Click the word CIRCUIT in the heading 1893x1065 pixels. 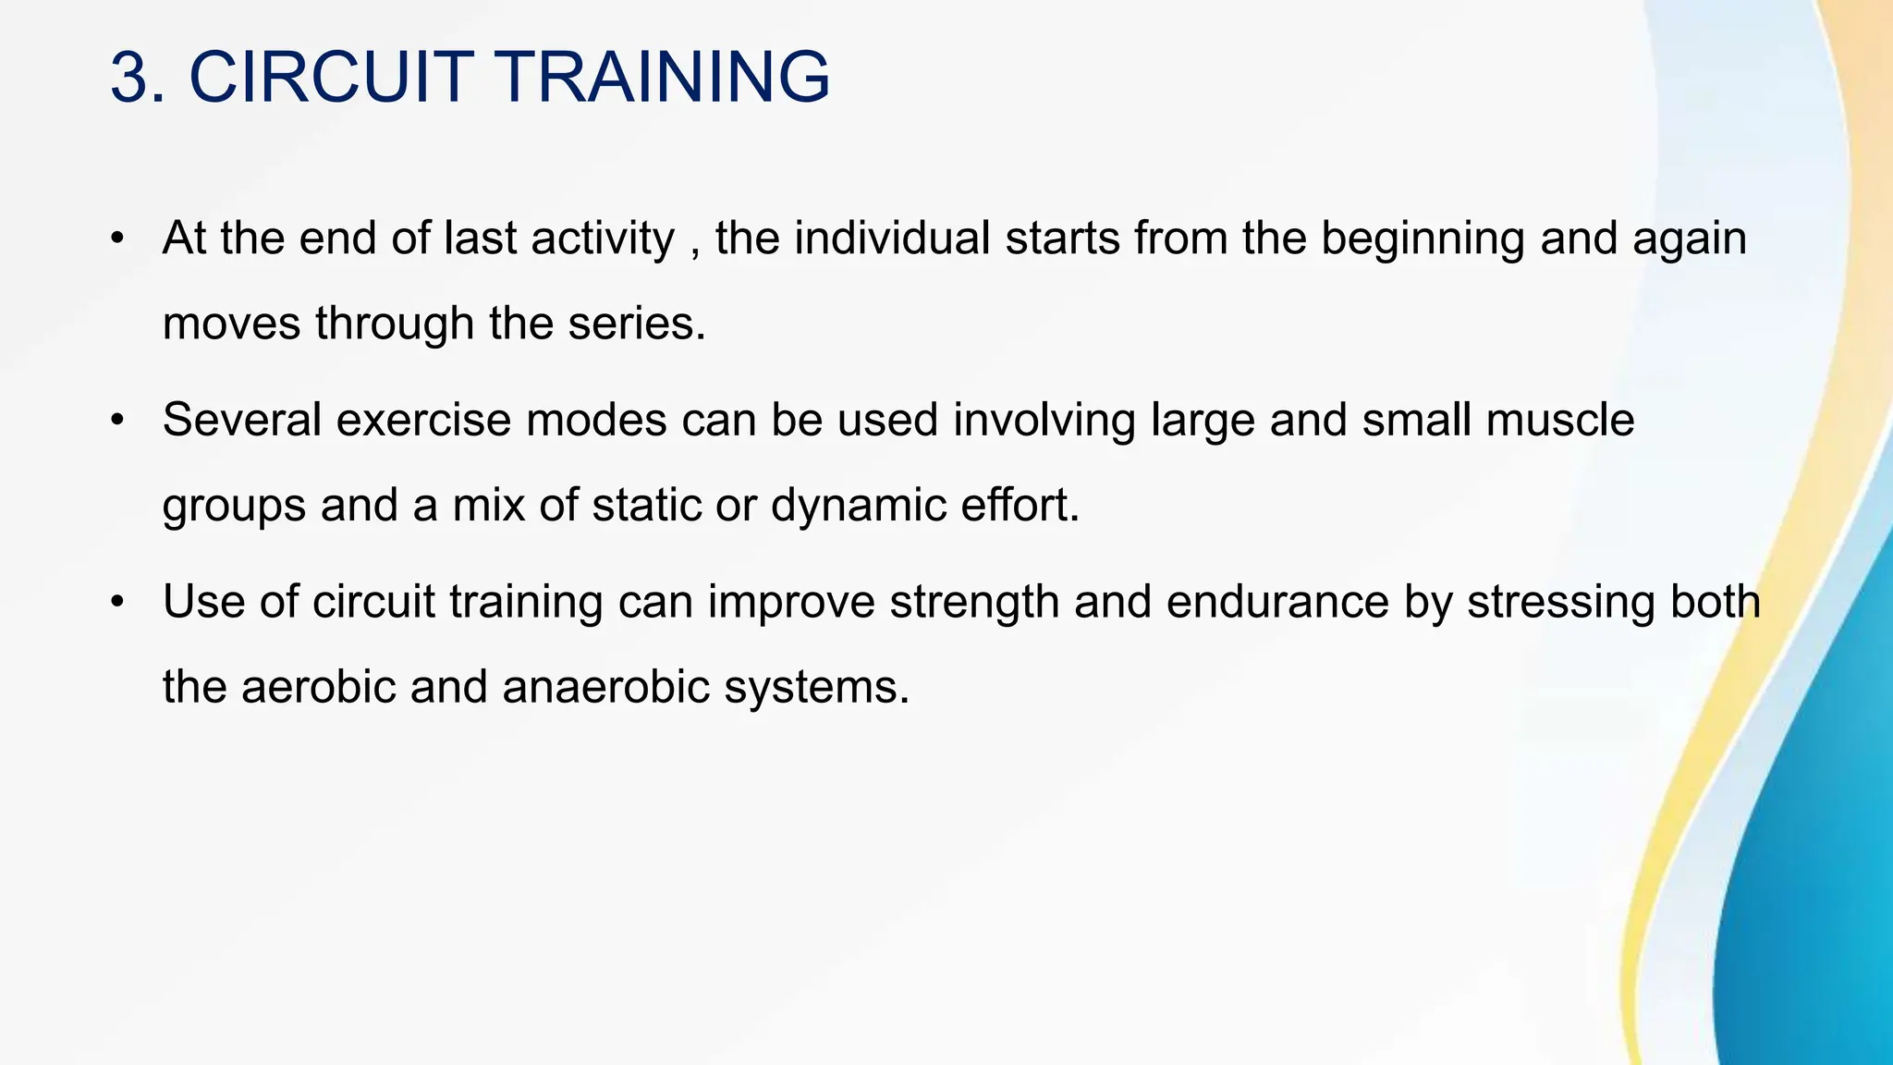tap(332, 78)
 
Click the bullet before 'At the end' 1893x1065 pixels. tap(116, 239)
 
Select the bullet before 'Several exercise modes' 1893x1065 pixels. tap(116, 422)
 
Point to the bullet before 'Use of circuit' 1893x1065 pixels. tap(116, 603)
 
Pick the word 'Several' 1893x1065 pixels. tap(241, 421)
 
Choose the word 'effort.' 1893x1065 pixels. tap(1020, 506)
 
